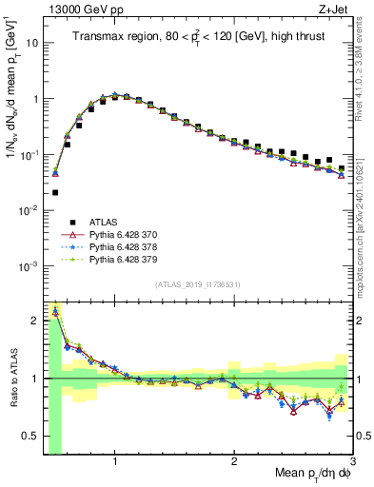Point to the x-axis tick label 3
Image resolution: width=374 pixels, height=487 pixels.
351,461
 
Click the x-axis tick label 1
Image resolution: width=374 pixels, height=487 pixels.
115,461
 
